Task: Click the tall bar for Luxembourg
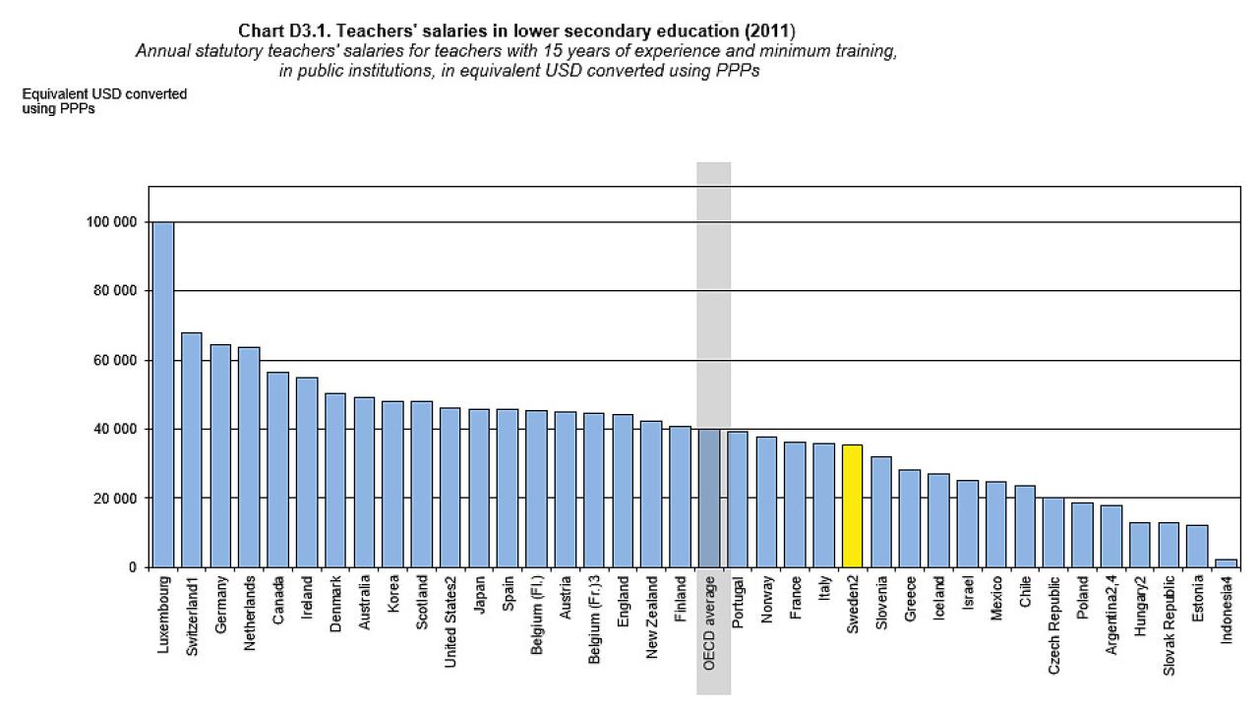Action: point(162,393)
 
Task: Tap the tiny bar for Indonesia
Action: point(1226,563)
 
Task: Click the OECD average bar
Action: point(708,498)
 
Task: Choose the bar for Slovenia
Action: point(880,511)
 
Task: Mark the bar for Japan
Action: point(478,488)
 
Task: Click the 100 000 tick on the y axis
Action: point(109,222)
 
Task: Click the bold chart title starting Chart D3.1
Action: point(517,30)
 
